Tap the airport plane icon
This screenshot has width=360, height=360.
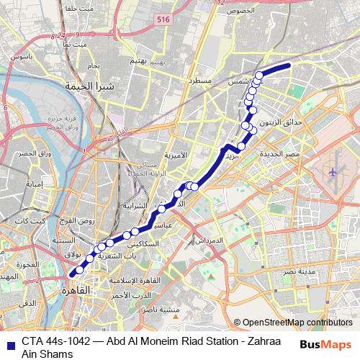coord(333,172)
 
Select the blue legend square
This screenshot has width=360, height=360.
coord(9,343)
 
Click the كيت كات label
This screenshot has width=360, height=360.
coord(32,220)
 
